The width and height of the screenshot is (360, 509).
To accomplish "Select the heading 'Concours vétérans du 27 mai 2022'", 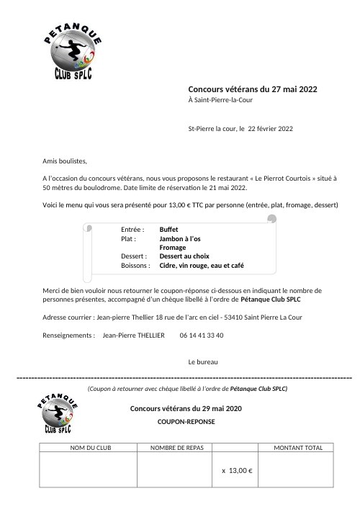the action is pos(253,89).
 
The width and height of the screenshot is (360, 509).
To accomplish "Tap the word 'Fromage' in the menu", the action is pos(173,248).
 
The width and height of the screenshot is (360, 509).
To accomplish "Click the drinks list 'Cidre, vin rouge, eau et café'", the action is pos(202,266).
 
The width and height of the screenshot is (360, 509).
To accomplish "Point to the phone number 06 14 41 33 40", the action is pos(201,335).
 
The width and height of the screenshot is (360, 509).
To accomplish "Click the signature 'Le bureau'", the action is pos(202,361).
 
